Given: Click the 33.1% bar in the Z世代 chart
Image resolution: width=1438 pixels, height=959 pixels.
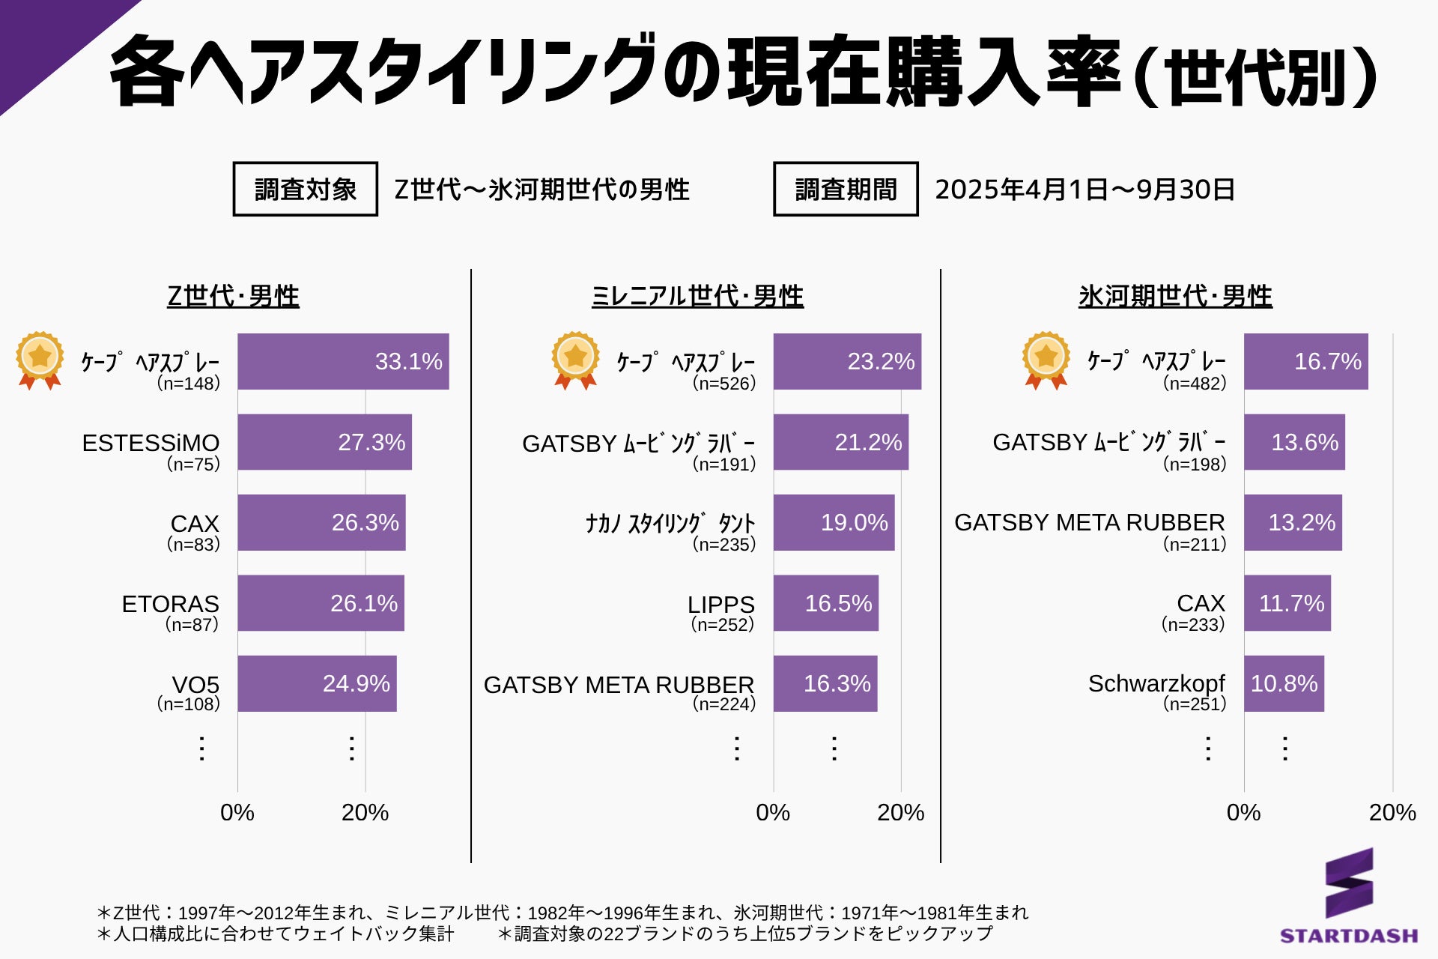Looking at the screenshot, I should [x=343, y=361].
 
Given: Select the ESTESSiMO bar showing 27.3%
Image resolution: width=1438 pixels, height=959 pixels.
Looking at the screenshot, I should [x=324, y=442].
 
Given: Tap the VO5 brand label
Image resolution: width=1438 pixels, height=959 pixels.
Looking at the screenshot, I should [x=195, y=684].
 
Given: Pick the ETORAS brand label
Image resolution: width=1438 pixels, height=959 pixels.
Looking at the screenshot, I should [x=170, y=604].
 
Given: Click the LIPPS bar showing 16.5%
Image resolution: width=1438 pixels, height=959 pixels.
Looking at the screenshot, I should [x=825, y=603].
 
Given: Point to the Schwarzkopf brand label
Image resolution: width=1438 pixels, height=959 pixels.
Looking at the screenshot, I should [x=1156, y=683].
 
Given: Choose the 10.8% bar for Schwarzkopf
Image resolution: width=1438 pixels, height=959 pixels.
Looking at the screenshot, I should [x=1284, y=683].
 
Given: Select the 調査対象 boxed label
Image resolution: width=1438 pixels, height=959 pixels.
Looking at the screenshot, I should [x=306, y=190].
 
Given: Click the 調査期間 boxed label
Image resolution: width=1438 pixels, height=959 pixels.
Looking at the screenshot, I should [x=846, y=190].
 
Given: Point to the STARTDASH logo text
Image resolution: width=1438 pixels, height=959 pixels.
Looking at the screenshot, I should [x=1348, y=936].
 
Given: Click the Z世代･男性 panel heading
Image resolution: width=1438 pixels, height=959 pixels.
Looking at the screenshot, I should [x=233, y=296].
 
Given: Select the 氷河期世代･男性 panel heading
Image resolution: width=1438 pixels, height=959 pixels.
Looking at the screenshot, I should [x=1174, y=296].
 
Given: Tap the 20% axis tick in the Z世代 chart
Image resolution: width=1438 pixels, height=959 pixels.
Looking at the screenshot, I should [x=365, y=812].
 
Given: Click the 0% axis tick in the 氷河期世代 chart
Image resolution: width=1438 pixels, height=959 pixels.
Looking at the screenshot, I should [x=1243, y=812].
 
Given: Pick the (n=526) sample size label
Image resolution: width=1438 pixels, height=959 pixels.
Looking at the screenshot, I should [x=723, y=384].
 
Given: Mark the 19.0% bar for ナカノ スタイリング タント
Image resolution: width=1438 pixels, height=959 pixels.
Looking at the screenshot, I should [x=834, y=522].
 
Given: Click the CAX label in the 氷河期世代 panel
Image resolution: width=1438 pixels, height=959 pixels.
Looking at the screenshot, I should [x=1201, y=603].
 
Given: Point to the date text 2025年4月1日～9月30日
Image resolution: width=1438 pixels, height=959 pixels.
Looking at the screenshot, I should [x=1084, y=190].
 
